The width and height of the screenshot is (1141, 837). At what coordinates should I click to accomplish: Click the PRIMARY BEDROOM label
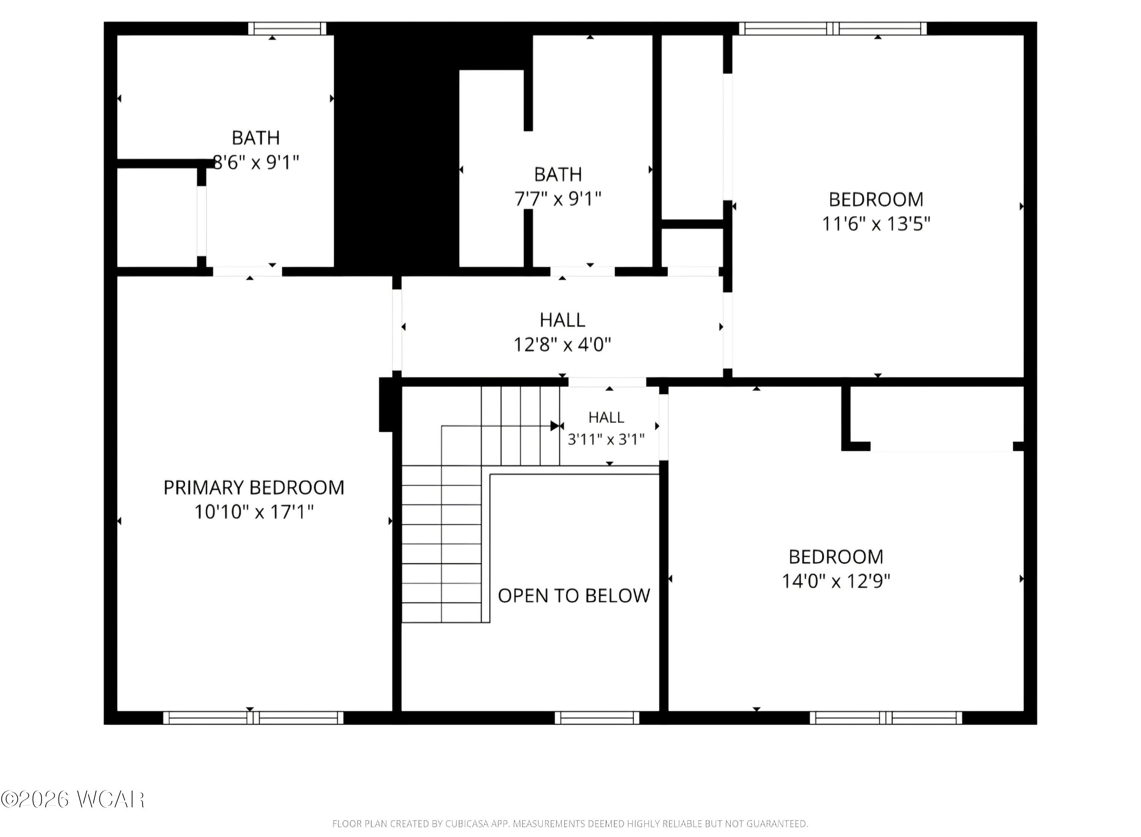[254, 487]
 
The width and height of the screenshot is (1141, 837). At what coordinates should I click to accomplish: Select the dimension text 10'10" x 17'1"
[254, 512]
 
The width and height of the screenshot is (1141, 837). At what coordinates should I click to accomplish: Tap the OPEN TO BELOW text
[574, 596]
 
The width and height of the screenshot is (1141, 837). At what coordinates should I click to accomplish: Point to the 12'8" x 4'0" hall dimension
[562, 345]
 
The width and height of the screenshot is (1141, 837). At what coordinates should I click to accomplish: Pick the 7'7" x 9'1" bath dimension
[558, 199]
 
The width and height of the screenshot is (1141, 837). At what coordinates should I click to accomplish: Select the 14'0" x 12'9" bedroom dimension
[836, 581]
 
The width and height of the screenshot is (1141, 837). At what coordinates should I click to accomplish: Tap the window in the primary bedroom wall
[253, 718]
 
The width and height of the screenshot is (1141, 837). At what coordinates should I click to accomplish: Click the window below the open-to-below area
[597, 718]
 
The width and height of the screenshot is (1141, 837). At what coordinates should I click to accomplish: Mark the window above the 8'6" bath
[287, 29]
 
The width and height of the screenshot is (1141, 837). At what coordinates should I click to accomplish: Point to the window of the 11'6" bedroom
[833, 29]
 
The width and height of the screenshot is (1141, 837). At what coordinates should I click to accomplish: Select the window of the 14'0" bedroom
[886, 718]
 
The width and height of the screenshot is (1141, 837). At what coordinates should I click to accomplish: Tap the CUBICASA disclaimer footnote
[570, 824]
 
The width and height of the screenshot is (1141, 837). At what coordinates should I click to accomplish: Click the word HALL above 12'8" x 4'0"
[562, 320]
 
